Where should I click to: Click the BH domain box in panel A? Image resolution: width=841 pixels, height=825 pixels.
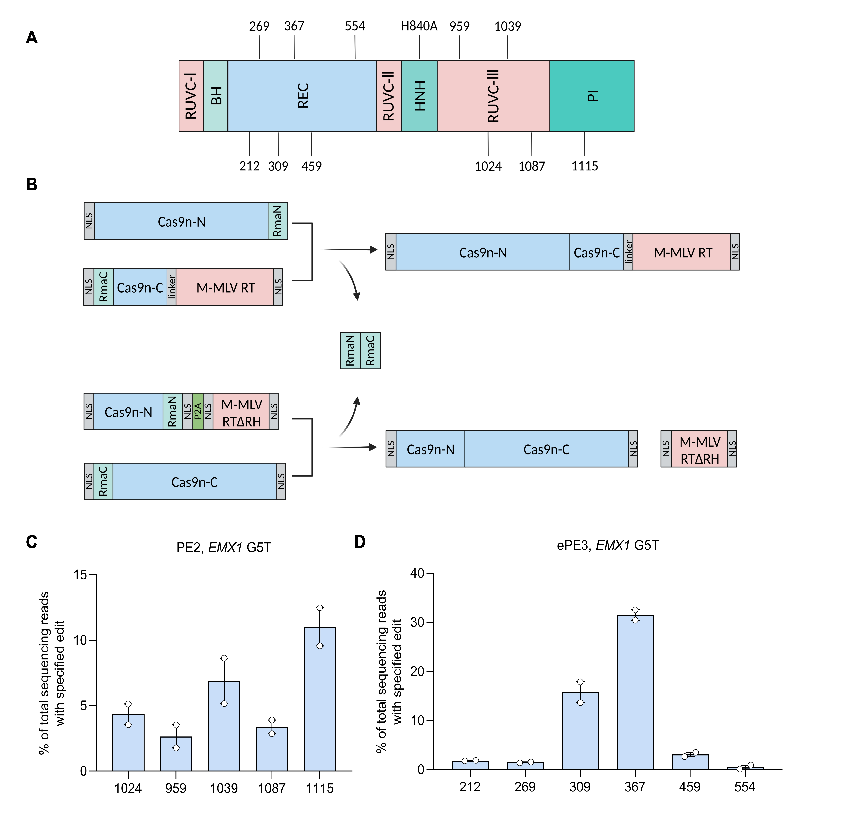coord(216,96)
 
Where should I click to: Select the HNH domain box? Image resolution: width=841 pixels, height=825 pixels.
coord(419,96)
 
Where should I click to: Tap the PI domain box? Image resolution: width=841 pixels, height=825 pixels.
coord(592,96)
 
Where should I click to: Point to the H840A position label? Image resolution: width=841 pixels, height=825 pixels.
coord(419,26)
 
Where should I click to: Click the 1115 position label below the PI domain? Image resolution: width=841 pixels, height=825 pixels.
coord(585,166)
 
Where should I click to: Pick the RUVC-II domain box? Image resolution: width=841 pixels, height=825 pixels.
coord(389,96)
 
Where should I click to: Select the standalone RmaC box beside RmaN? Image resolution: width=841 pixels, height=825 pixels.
coord(370,351)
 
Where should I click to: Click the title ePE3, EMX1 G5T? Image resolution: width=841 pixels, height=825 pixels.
coord(608,545)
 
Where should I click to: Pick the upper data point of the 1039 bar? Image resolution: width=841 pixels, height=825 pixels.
coord(224,658)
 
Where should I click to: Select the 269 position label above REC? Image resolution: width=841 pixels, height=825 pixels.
coord(259,26)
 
